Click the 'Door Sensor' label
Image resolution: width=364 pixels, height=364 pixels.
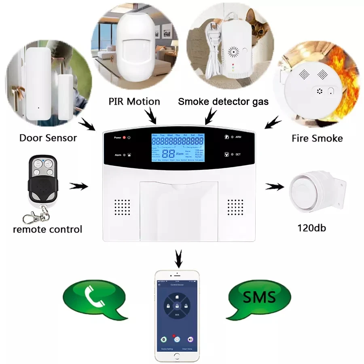coord(48,138)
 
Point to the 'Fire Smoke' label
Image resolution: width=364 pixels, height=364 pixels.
coord(317,138)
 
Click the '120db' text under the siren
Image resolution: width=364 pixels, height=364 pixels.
coord(311,228)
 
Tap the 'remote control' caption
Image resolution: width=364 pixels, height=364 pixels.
coord(47,230)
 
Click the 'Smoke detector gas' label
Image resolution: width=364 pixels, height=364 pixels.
coord(223,101)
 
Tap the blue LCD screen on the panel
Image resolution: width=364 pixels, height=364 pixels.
coord(177,148)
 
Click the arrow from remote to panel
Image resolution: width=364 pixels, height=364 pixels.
coord(79,186)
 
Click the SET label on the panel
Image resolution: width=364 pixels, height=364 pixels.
coord(238,154)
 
